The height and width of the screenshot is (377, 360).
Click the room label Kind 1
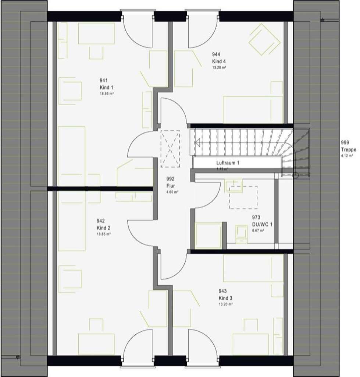coord(106,87)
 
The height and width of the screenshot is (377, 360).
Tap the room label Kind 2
coord(103,228)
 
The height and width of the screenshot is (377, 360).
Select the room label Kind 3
coord(225,298)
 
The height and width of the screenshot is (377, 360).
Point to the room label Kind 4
coord(219,61)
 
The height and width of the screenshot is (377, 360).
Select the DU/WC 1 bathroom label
coord(262,224)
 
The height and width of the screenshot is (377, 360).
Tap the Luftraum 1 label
coord(228,163)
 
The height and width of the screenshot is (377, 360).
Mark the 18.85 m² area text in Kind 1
coord(106,94)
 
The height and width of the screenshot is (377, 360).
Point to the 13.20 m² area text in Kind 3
coord(225,304)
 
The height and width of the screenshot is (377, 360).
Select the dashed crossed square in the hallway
coord(170,149)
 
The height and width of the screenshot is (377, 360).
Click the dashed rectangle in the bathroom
coord(243,197)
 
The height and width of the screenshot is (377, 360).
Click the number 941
coord(104,81)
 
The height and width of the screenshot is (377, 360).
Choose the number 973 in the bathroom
coord(256,218)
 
